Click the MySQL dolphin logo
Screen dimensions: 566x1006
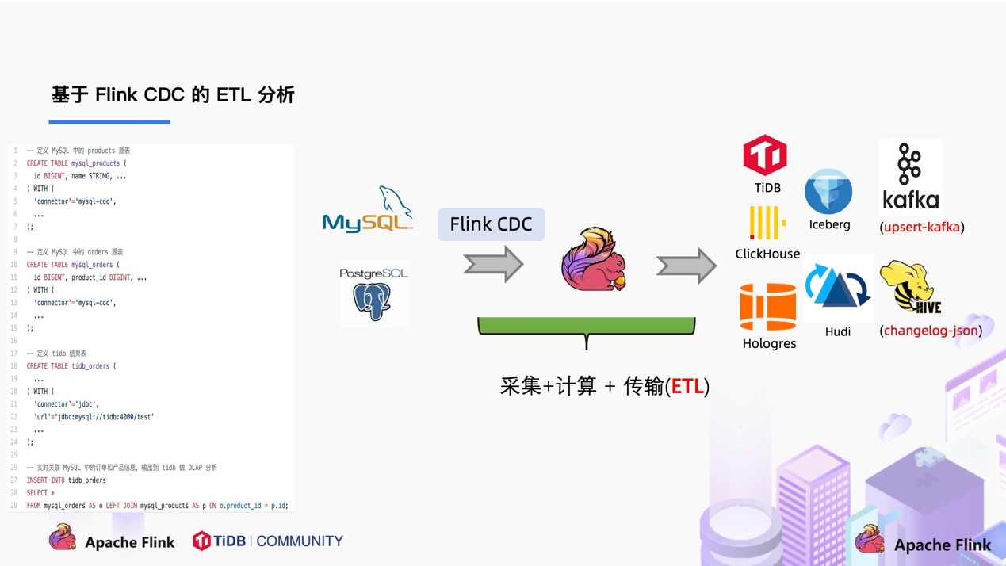pyautogui.click(x=368, y=210)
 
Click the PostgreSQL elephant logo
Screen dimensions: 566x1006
pyautogui.click(x=373, y=295)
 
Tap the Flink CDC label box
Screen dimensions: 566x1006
pyautogui.click(x=491, y=224)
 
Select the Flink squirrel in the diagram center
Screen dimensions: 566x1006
pyautogui.click(x=593, y=260)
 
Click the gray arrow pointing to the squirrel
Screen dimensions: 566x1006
pyautogui.click(x=493, y=264)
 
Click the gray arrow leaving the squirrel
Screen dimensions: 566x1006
pyautogui.click(x=686, y=266)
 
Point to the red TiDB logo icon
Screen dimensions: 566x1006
pyautogui.click(x=765, y=155)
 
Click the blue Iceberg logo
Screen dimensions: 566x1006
pyautogui.click(x=828, y=191)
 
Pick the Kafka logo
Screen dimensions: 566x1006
pyautogui.click(x=910, y=177)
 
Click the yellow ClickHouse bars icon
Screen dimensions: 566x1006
pyautogui.click(x=767, y=223)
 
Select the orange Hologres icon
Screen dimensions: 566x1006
pyautogui.click(x=767, y=307)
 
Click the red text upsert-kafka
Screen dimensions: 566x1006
pyautogui.click(x=922, y=228)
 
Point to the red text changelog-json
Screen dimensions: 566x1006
pyautogui.click(x=931, y=331)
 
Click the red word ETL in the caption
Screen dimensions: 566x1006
pyautogui.click(x=687, y=386)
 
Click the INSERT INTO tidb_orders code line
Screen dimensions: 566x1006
pyautogui.click(x=67, y=480)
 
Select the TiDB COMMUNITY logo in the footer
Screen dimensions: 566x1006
pyautogui.click(x=268, y=541)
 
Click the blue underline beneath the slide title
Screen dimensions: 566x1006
pyautogui.click(x=109, y=122)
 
